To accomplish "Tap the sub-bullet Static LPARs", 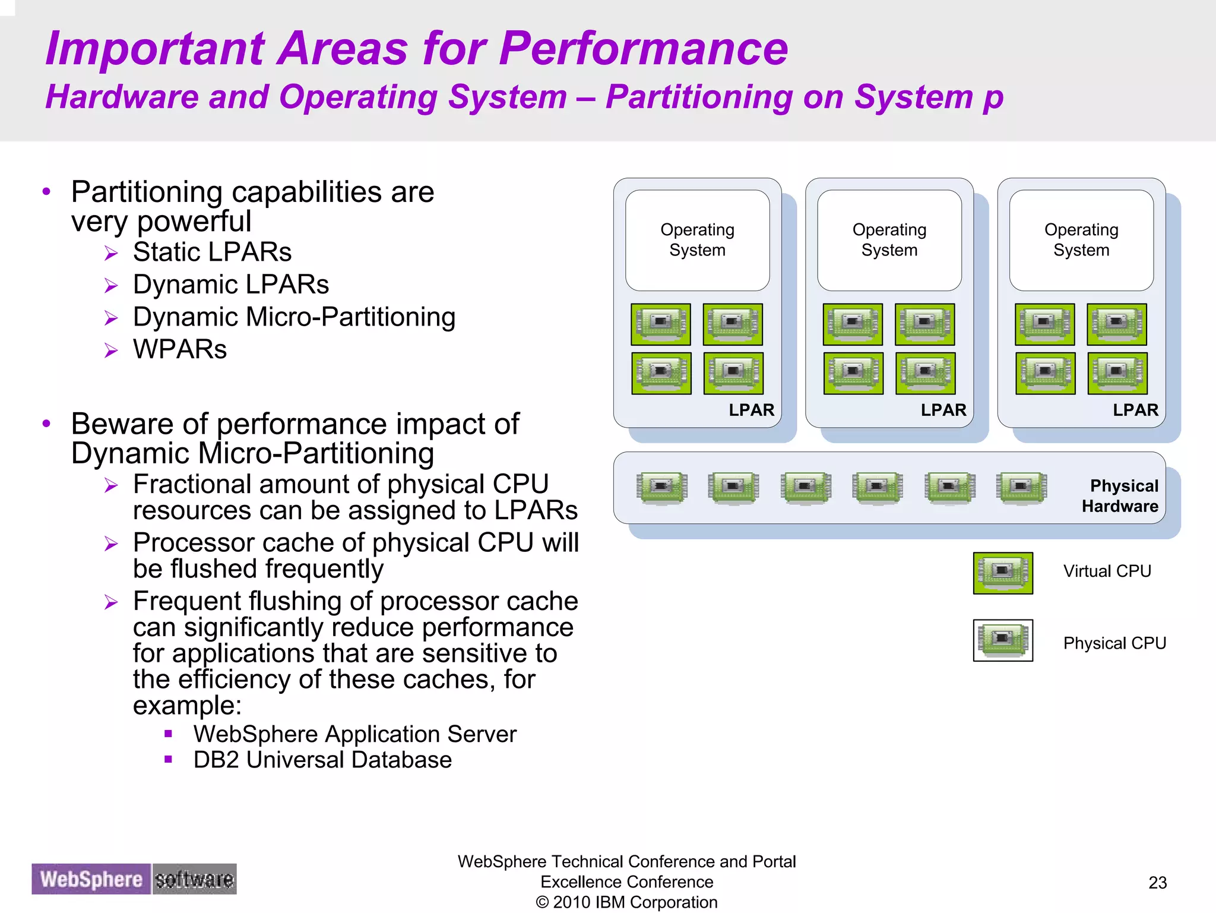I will pos(212,252).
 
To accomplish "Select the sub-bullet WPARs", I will pos(179,349).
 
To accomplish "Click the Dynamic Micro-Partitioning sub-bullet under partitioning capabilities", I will pos(294,317).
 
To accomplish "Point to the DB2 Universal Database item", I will pos(322,760).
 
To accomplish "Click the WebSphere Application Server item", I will pos(354,734).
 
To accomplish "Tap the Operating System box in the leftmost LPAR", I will pos(697,240).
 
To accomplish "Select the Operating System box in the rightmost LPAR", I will pos(1081,240).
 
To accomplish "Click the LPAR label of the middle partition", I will pos(943,410).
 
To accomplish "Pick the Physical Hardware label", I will pos(1120,496).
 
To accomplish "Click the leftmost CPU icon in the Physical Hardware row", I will pos(661,488).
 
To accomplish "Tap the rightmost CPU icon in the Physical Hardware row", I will pos(1021,488).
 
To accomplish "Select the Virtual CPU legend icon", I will pos(1002,573).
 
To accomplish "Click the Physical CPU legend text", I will pos(1114,643).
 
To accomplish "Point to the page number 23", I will pos(1157,883).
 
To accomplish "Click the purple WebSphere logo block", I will pos(91,879).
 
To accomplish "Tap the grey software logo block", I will pos(194,879).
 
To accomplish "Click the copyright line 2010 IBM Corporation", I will pos(626,902).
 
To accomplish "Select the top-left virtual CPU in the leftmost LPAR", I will pos(661,324).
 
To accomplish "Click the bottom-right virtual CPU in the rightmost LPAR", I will pos(1117,373).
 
